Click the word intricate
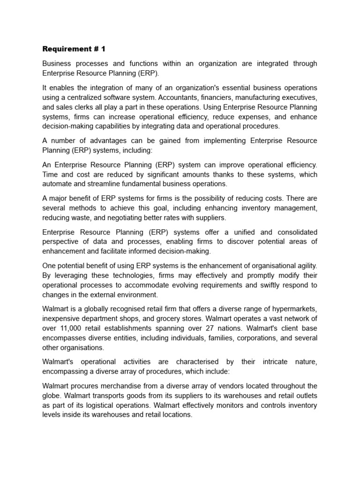277,362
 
